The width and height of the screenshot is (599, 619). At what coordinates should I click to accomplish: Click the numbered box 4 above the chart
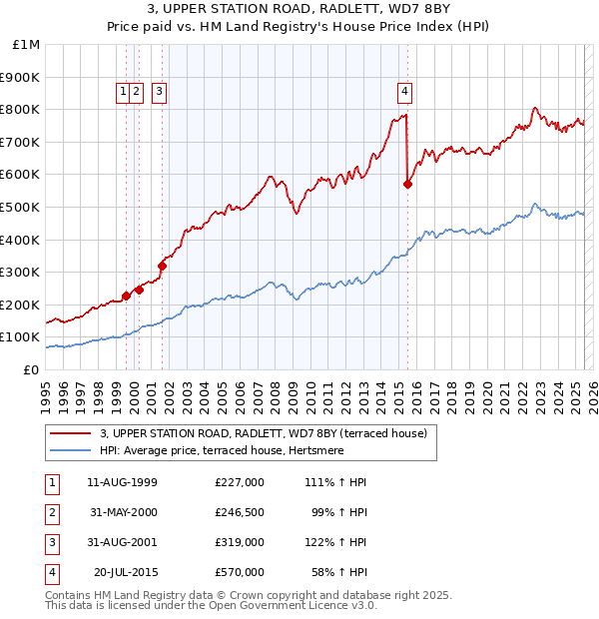coord(405,92)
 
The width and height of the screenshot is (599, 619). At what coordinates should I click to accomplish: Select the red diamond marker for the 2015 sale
coord(407,184)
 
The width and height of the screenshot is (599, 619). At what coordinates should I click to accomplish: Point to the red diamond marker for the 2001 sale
coord(162,266)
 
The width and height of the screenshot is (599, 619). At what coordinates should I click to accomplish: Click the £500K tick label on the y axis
coord(21,207)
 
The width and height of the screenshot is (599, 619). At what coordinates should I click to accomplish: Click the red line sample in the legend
coord(71,433)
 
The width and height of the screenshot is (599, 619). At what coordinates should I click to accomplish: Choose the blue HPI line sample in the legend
coord(71,449)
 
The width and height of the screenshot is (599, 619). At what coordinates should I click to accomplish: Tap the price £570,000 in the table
coord(239,572)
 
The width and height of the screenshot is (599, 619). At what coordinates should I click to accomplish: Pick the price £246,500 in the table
coord(239,512)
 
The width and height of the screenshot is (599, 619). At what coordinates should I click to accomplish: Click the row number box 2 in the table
coord(52,512)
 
